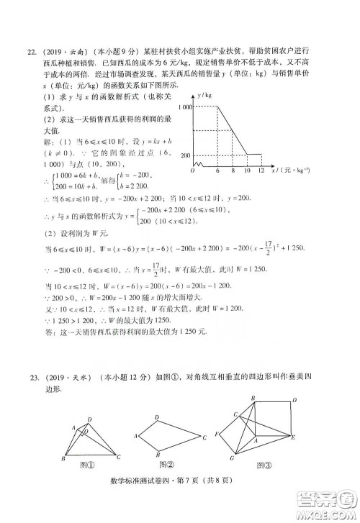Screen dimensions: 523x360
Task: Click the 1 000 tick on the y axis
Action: pos(186,106)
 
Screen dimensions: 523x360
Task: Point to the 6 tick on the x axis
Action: pos(217,170)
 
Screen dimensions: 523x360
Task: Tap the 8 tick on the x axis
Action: pos(232,170)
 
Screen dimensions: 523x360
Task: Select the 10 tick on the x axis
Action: pos(247,170)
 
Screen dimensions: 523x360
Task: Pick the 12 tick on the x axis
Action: pos(264,170)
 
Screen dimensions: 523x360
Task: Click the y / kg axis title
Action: pos(210,94)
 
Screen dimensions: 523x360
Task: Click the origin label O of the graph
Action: pos(192,170)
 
